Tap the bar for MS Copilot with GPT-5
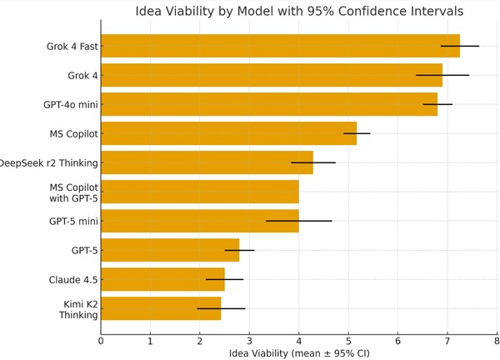tap(200, 192)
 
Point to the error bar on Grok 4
tap(442, 75)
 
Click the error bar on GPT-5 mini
tap(298, 221)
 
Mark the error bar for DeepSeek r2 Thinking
tap(313, 162)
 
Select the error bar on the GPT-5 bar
tap(239, 250)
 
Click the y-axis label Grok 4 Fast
tap(72, 47)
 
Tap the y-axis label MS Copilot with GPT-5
tap(73, 192)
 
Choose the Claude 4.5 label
tap(73, 280)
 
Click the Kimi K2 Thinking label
tap(78, 309)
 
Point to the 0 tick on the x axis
tap(101, 339)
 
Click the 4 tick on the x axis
tap(299, 339)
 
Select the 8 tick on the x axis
tap(497, 339)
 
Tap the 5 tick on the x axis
tap(348, 339)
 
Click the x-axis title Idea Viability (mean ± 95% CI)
tap(298, 353)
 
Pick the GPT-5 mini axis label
tap(73, 222)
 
